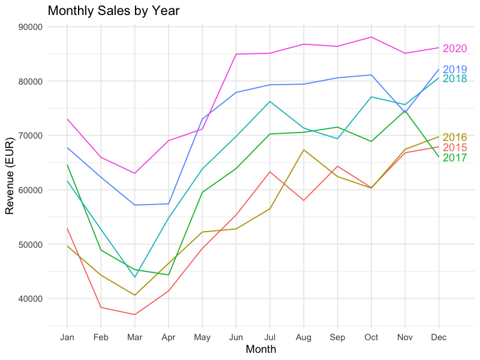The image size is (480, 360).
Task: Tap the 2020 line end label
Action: pyautogui.click(x=455, y=49)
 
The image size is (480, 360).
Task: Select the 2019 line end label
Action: pyautogui.click(x=455, y=70)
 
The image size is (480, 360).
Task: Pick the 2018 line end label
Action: pyautogui.click(x=455, y=79)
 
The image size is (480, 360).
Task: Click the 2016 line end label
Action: pyautogui.click(x=455, y=137)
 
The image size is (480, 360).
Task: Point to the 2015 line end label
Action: pyautogui.click(x=455, y=148)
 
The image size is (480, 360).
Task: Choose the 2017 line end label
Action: pyautogui.click(x=455, y=158)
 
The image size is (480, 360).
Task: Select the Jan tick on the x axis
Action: pyautogui.click(x=67, y=338)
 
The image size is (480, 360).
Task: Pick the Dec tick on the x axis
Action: pyautogui.click(x=439, y=338)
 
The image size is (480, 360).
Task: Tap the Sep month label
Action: pyautogui.click(x=338, y=338)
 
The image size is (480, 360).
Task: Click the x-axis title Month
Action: pyautogui.click(x=261, y=349)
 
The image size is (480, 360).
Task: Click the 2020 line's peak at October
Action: pyautogui.click(x=371, y=37)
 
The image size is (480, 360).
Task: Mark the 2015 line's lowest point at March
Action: pyautogui.click(x=135, y=314)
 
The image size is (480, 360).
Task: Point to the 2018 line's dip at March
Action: pyautogui.click(x=135, y=277)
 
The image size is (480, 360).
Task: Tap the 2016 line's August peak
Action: pyautogui.click(x=304, y=150)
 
